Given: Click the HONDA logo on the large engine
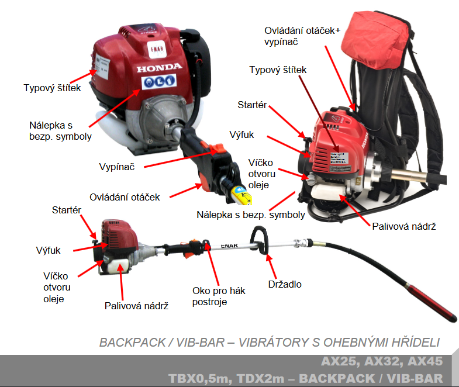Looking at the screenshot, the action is [x=159, y=68].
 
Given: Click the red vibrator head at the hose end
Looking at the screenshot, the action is [x=433, y=301].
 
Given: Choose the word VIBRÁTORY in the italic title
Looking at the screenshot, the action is [x=268, y=342].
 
